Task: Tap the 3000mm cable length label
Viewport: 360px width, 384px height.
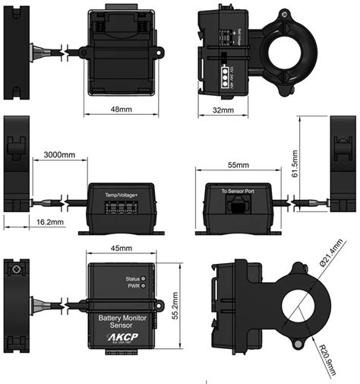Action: click(x=59, y=154)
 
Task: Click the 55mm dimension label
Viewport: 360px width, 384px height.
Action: click(x=238, y=165)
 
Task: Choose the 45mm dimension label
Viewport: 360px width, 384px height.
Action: click(x=122, y=248)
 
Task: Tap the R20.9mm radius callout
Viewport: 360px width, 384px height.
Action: click(x=329, y=354)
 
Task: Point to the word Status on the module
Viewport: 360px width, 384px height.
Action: click(x=136, y=279)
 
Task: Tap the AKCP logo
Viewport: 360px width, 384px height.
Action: click(x=122, y=334)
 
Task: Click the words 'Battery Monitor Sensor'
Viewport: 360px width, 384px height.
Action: click(x=122, y=317)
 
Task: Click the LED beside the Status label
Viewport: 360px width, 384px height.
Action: click(x=150, y=279)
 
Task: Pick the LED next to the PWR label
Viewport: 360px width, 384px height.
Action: click(x=150, y=287)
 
